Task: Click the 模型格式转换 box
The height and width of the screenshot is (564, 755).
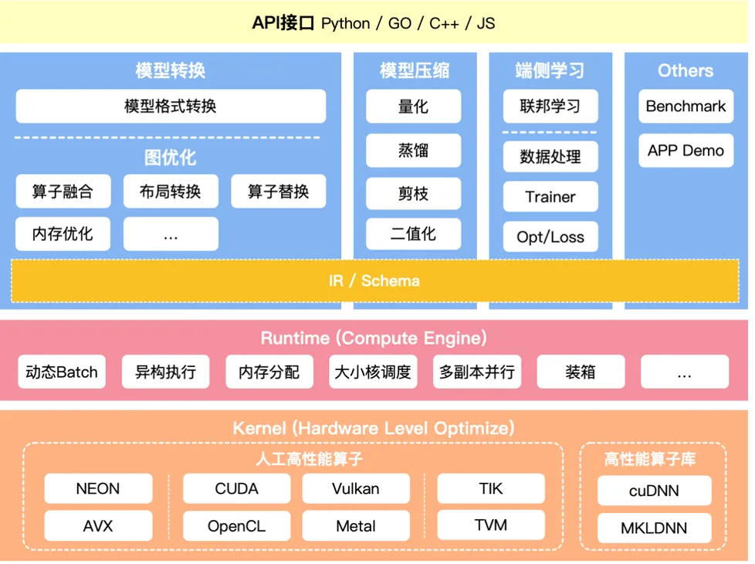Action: pos(171,106)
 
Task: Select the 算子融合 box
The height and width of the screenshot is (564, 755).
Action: pos(63,192)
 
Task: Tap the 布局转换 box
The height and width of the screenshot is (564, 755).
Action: pos(171,192)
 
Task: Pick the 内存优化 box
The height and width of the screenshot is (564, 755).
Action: pos(63,233)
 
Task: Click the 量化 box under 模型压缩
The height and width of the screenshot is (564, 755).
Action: pos(413,106)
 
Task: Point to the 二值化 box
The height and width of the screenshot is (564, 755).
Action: pos(413,233)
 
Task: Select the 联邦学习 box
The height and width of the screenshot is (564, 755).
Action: pos(550,106)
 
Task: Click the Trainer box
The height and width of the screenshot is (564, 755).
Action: pos(550,197)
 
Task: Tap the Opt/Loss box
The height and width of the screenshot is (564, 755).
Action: pos(550,237)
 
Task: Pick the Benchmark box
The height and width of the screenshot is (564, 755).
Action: pos(686,106)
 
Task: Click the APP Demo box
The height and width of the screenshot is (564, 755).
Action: pos(686,151)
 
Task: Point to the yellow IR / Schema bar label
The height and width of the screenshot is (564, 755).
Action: pos(374,280)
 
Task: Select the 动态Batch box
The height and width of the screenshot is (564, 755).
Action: pos(62,372)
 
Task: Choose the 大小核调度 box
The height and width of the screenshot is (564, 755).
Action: pos(372,372)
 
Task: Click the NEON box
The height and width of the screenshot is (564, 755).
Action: pos(98,488)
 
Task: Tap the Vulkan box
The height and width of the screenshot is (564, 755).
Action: pos(356,488)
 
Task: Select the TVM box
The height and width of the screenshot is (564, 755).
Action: pos(491,525)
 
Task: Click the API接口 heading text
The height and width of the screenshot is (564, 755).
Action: pos(283,23)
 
